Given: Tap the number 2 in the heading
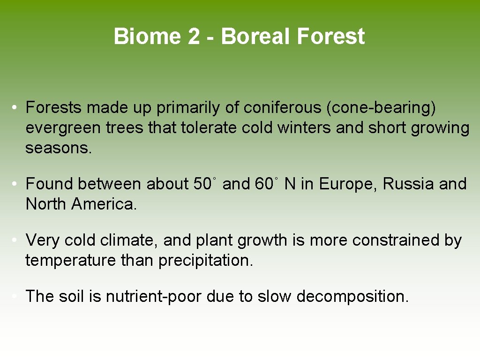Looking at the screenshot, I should coord(194,37).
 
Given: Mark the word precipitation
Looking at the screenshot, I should coord(205,261).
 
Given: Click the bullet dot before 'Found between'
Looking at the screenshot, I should coord(15,184).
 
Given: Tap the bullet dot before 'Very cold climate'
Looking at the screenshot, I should coord(15,240).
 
